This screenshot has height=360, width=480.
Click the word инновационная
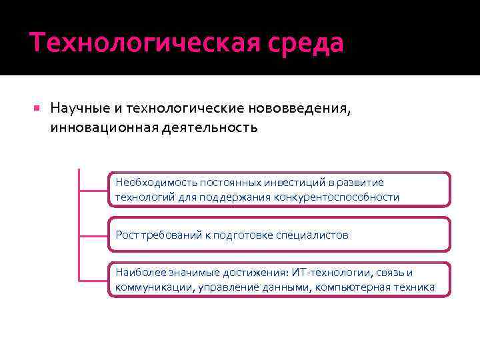pyautogui.click(x=103, y=127)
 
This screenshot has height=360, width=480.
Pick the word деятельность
pyautogui.click(x=209, y=127)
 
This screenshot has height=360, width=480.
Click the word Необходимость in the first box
pyautogui.click(x=151, y=183)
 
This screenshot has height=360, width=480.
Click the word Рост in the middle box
pyautogui.click(x=127, y=235)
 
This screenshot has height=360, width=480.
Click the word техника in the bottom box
pyautogui.click(x=415, y=287)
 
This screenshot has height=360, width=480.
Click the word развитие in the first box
pyautogui.click(x=361, y=183)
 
